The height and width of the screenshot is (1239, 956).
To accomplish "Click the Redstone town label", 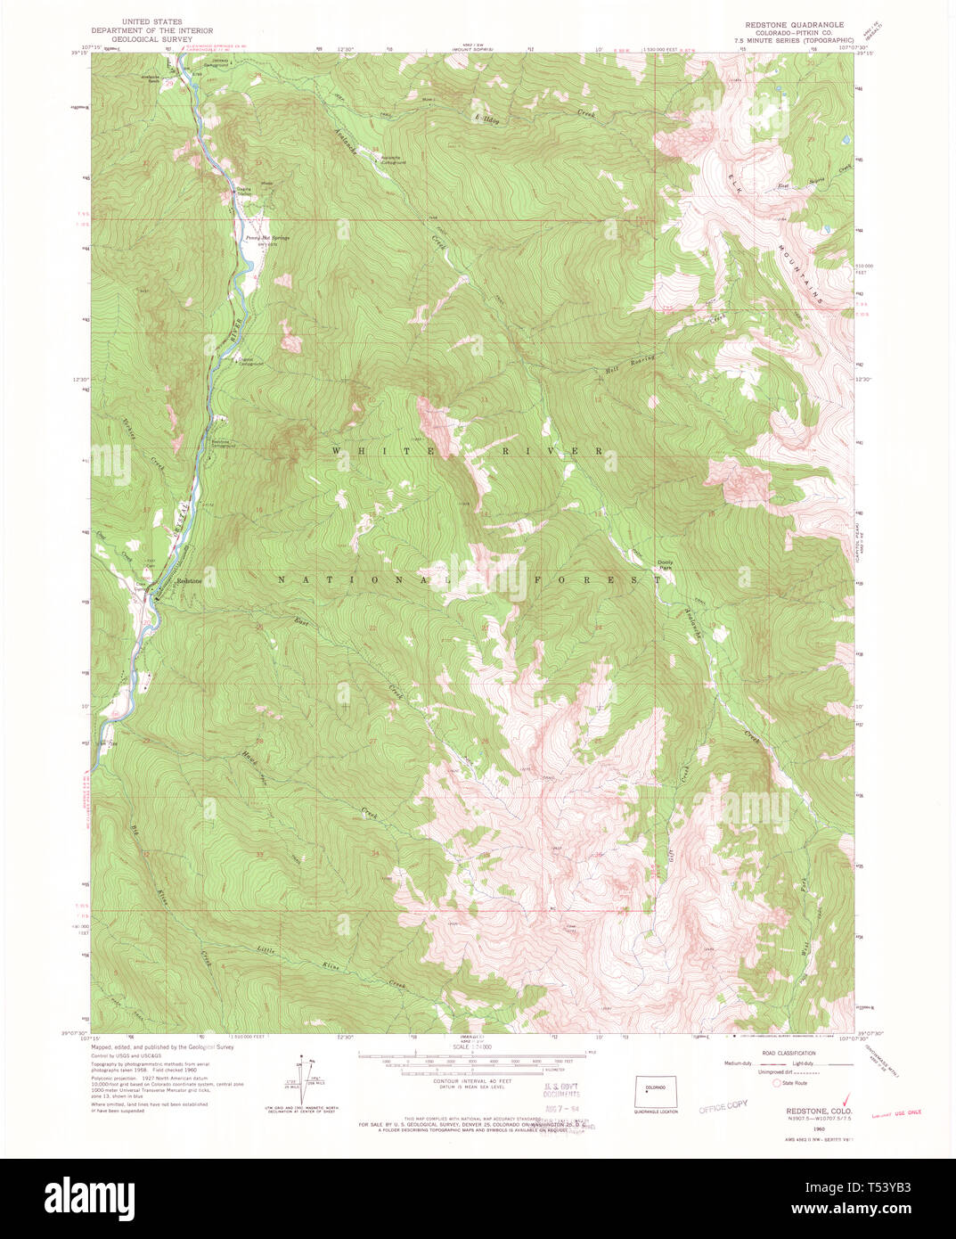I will (189, 581).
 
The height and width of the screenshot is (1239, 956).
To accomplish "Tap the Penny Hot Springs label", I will (262, 238).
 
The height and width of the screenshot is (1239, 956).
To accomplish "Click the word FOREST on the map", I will (600, 580).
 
